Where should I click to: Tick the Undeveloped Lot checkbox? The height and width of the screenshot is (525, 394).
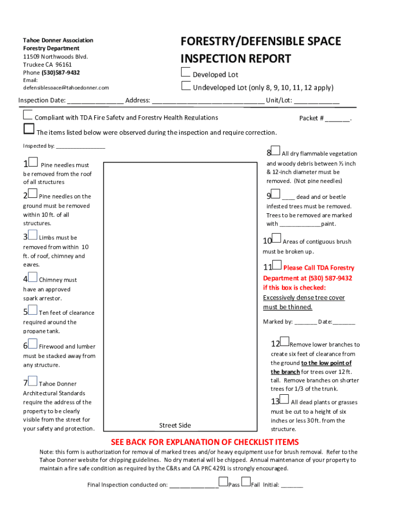tap(186, 85)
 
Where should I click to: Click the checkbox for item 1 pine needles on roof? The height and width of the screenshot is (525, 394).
tap(33, 163)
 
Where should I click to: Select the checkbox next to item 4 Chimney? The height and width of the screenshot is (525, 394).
tap(33, 277)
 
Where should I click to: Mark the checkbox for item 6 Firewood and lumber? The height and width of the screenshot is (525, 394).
tap(33, 344)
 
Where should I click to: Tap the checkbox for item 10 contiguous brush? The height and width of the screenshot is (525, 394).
tap(276, 238)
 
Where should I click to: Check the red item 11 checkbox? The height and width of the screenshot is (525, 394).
tap(277, 265)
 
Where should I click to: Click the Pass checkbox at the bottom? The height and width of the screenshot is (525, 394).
tap(223, 481)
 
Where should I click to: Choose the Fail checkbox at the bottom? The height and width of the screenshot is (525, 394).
tap(246, 481)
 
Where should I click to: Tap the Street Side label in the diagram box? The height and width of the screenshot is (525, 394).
tap(175, 425)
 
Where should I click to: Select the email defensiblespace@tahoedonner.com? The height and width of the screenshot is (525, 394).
tap(66, 88)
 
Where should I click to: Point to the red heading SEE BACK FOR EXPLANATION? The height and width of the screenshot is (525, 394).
tap(205, 442)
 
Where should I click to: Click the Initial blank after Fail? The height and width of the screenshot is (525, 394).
tap(292, 485)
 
